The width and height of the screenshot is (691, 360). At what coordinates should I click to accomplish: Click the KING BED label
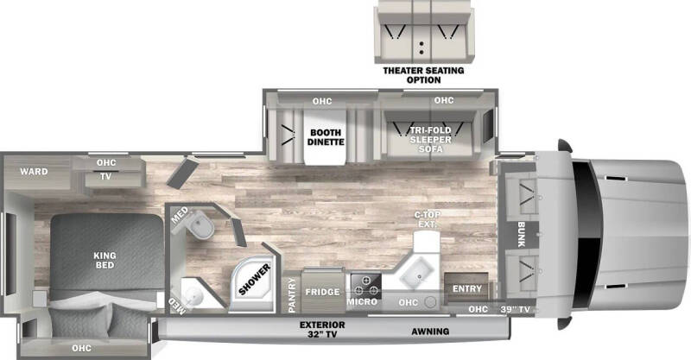point(105,260)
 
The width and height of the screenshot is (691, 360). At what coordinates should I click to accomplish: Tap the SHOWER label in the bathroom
point(255,280)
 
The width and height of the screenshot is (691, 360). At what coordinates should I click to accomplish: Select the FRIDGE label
point(322,292)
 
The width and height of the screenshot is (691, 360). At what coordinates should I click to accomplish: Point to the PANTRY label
point(292,295)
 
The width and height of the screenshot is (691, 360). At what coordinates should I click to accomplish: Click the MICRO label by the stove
point(362,302)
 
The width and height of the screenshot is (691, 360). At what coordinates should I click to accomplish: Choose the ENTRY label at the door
point(467,288)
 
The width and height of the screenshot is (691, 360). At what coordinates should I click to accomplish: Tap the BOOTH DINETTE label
point(326,137)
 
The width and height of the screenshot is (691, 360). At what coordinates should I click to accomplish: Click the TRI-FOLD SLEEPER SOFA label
point(430,140)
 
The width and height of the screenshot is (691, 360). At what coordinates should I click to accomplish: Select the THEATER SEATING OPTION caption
point(423,75)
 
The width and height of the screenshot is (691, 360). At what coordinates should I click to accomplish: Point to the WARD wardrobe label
point(34,172)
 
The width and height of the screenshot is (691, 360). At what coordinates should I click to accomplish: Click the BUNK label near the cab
point(522,235)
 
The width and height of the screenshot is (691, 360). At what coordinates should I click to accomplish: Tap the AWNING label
point(430,332)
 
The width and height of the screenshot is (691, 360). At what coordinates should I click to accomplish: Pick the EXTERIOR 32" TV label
point(322,330)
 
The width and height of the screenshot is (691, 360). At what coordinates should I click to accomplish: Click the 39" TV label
point(515,309)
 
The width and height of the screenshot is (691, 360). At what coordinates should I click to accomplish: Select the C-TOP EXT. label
point(427,219)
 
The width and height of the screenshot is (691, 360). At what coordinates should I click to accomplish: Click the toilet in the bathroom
point(200,224)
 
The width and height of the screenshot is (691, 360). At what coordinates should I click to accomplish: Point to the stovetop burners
point(365,285)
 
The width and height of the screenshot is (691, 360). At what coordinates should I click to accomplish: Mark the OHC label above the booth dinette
point(322,101)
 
